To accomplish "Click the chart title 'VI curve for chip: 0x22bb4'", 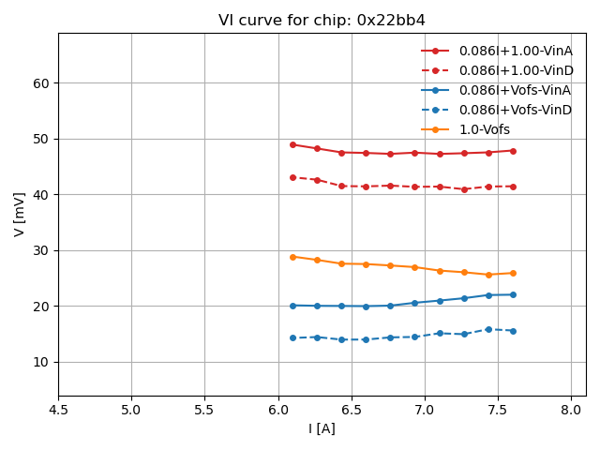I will [x=322, y=21].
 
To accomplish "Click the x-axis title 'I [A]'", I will [x=322, y=428].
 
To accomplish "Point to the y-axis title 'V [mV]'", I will [x=20, y=214].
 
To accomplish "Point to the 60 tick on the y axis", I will [x=42, y=83].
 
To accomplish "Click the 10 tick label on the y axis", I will [x=42, y=362].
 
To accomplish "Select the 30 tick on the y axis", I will [x=42, y=250].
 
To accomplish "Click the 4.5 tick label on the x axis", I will [x=58, y=410].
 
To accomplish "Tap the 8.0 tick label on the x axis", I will [x=571, y=410].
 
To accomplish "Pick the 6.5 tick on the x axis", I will [x=352, y=410].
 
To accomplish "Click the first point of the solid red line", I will [x=292, y=144].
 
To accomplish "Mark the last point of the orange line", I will [x=513, y=273].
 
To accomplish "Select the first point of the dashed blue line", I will [x=292, y=337].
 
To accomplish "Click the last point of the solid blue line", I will [x=513, y=294].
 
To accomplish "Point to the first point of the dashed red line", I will [x=292, y=177].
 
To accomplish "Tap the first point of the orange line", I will [x=292, y=257].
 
